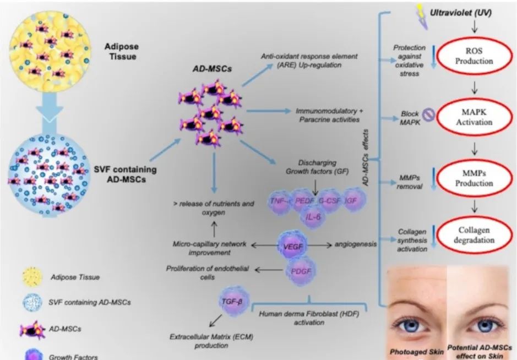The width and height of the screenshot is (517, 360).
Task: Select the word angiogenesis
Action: [355, 244]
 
